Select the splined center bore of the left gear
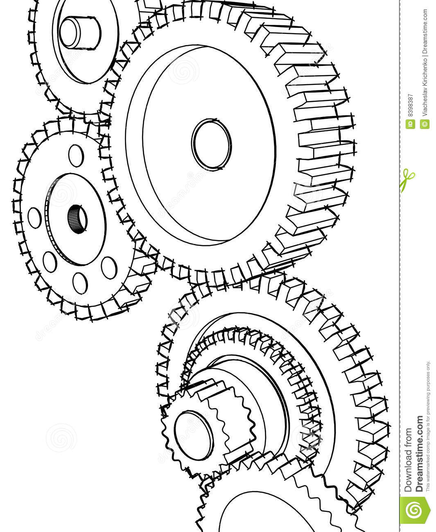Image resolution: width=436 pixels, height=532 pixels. point(77,219)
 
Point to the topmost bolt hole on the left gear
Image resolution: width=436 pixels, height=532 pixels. point(75,155)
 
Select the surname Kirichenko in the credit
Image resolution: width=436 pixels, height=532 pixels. point(425,73)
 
